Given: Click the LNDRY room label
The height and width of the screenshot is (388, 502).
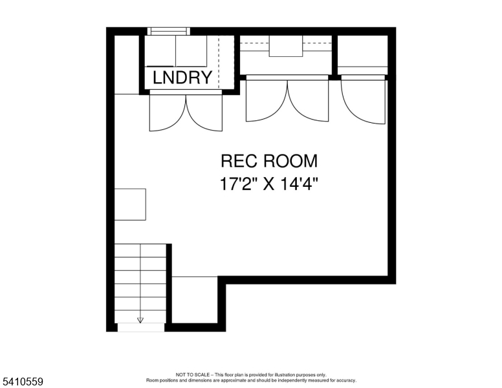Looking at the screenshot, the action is (x=182, y=78).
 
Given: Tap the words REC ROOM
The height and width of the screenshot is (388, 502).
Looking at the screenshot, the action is (x=269, y=161).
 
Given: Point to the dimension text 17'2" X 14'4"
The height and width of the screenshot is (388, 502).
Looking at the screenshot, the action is (x=269, y=184).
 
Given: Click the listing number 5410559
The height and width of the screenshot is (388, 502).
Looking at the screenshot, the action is (x=23, y=382).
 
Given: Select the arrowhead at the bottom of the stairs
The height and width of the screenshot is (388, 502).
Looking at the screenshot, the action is (x=140, y=320).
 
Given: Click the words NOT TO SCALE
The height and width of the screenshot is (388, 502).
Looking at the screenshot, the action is (x=193, y=374).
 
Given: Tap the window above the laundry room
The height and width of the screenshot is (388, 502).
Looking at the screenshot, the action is (x=169, y=31).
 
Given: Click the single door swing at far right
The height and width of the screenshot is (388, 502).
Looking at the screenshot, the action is (x=363, y=101).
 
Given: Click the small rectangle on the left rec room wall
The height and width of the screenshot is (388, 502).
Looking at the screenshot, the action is (x=130, y=204).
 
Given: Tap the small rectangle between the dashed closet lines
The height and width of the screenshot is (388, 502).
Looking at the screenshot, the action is (x=286, y=46).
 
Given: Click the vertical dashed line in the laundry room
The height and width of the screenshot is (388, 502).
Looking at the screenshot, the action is (x=219, y=62).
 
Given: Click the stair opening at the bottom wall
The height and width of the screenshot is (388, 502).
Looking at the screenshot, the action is (x=141, y=327).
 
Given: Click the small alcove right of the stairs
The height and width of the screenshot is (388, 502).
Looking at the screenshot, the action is (x=195, y=300).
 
